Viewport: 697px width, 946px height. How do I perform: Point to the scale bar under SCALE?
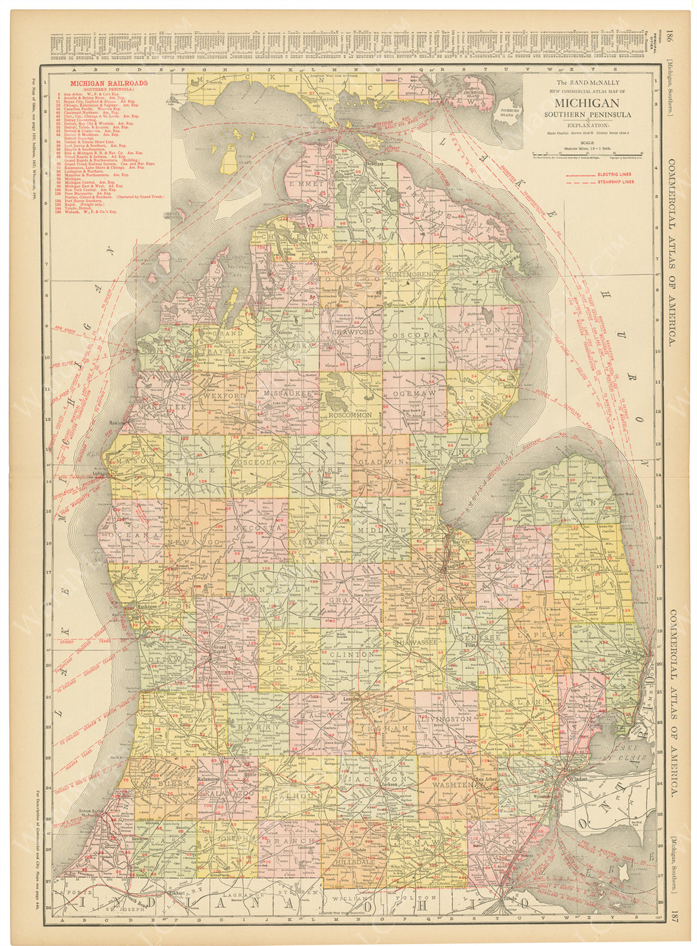click(x=586, y=153)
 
